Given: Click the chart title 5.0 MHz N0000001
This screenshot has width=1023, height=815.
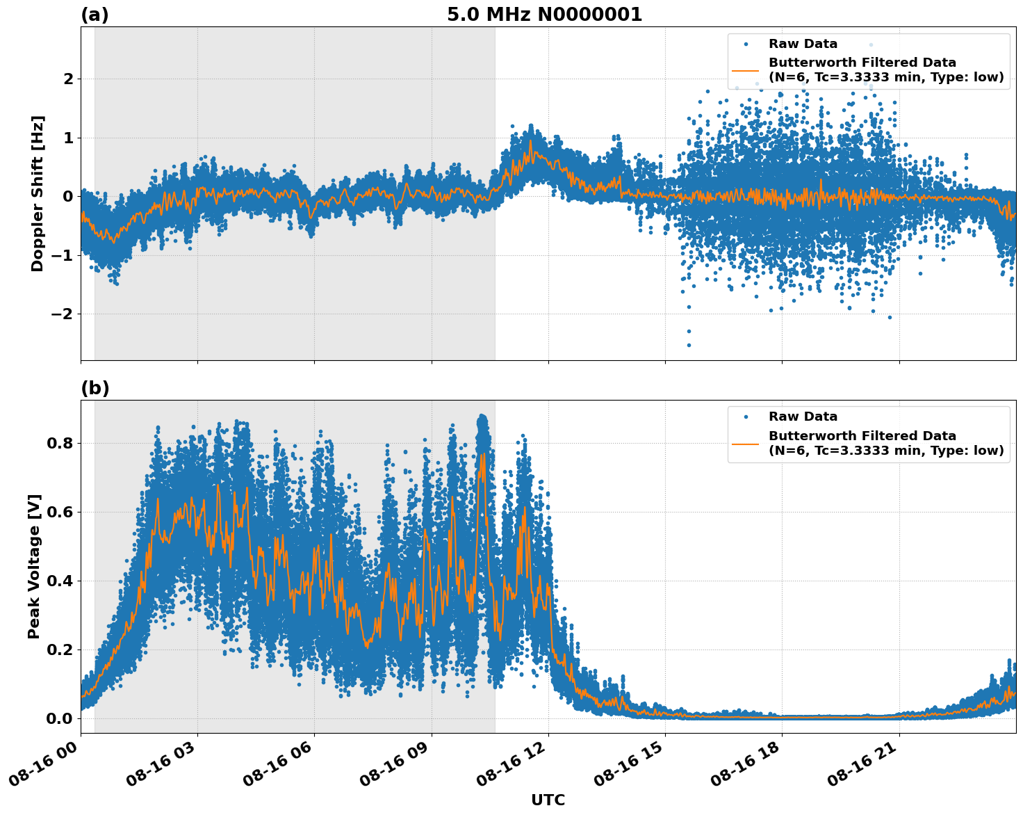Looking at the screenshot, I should (544, 15).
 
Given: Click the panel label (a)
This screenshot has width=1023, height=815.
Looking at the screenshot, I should (95, 15).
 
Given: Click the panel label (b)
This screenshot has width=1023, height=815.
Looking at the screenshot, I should (95, 388).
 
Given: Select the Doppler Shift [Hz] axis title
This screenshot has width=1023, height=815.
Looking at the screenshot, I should (38, 193).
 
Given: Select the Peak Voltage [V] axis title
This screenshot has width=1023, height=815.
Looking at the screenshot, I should (34, 566).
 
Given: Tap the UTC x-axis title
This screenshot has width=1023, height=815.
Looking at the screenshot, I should (548, 800).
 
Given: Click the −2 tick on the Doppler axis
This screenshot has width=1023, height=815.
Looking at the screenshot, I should (63, 314).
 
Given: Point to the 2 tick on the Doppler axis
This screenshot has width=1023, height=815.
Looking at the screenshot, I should (68, 79).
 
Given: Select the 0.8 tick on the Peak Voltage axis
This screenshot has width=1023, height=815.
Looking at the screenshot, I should (60, 443).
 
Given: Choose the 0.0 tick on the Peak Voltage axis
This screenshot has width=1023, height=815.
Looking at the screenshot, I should (60, 718).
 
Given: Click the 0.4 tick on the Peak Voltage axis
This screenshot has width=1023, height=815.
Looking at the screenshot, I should (60, 581).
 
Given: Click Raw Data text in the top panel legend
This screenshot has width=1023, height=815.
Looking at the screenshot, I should (803, 44).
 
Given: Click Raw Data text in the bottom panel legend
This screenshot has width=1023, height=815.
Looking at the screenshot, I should (803, 417).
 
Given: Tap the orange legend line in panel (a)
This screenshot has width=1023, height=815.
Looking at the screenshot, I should (746, 70).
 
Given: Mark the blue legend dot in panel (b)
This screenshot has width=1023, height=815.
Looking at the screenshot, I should (746, 417).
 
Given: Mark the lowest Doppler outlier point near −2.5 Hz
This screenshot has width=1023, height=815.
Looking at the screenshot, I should (689, 345).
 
